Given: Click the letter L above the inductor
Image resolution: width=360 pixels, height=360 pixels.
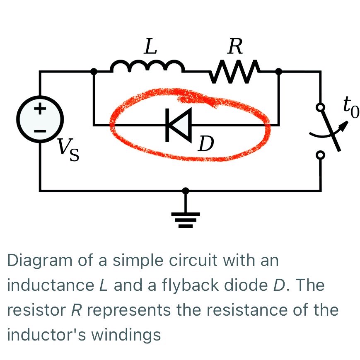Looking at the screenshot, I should coord(150,47).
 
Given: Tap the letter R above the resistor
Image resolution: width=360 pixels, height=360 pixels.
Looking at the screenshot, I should coord(235,47).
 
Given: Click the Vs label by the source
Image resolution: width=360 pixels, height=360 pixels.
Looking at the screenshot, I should coord(68,150).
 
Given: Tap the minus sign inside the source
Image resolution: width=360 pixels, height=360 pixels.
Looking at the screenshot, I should coord(40,130).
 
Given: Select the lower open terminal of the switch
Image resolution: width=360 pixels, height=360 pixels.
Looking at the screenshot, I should coord(320,155).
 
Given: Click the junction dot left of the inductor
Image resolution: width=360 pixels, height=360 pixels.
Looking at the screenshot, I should coord(94,72).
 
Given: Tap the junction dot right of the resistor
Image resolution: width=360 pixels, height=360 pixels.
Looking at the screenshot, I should coord(279,72).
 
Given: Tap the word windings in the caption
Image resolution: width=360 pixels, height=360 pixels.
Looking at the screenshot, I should coord(125,334).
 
